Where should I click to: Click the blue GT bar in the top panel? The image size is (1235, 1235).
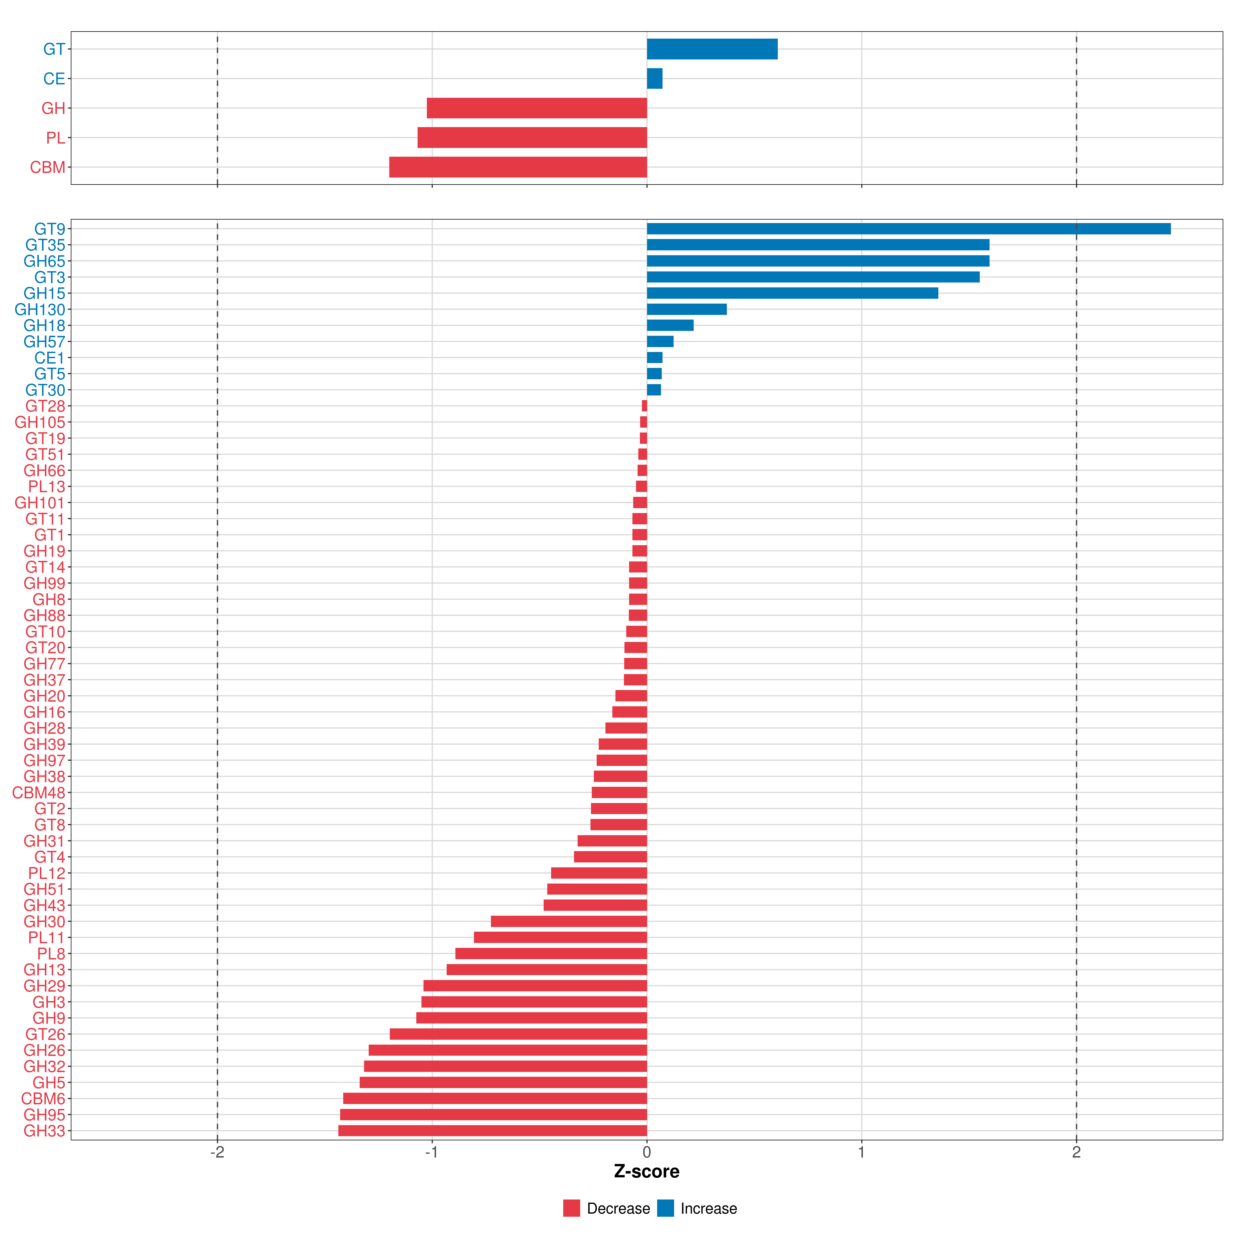[x=712, y=49]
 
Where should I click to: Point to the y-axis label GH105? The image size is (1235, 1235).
[x=40, y=422]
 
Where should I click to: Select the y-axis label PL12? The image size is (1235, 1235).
[x=47, y=873]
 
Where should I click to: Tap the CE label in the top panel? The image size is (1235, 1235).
[x=54, y=79]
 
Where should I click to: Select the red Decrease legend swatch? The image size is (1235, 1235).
[x=571, y=1208]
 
